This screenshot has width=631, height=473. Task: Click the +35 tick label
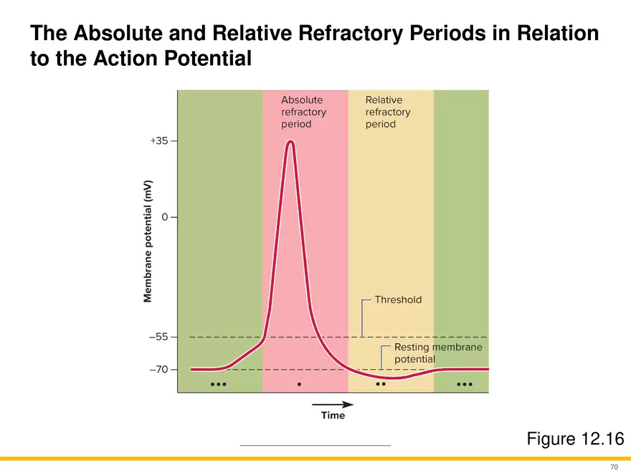158,141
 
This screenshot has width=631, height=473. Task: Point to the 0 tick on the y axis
165,216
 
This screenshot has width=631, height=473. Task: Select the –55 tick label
158,337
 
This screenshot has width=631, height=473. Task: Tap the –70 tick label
158,370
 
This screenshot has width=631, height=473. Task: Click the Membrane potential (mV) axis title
147,240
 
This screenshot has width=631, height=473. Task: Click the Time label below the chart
333,416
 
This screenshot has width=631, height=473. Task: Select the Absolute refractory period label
303,112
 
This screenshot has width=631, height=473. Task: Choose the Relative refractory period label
388,112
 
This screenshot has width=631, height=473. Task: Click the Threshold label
399,300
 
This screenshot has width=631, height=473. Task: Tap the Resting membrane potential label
438,353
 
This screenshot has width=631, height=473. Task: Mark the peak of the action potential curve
290,141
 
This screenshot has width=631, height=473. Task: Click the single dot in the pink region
299,384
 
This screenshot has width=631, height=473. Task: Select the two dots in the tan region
381,384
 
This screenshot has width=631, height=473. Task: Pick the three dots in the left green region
219,384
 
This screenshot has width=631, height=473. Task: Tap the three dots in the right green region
465,384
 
